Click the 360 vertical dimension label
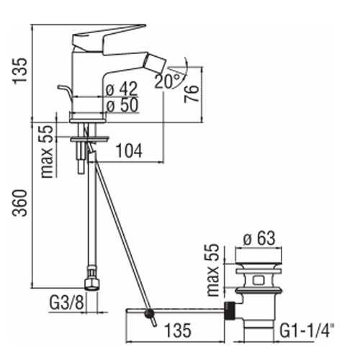click(x=20, y=203)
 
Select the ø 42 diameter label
click(x=122, y=89)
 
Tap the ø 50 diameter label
click(x=122, y=105)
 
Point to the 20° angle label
click(x=167, y=81)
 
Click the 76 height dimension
click(x=192, y=94)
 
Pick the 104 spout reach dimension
click(x=129, y=151)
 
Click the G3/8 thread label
click(x=67, y=302)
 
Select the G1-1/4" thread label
click(x=307, y=330)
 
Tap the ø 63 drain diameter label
click(x=259, y=238)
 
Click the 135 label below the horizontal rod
click(x=178, y=330)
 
